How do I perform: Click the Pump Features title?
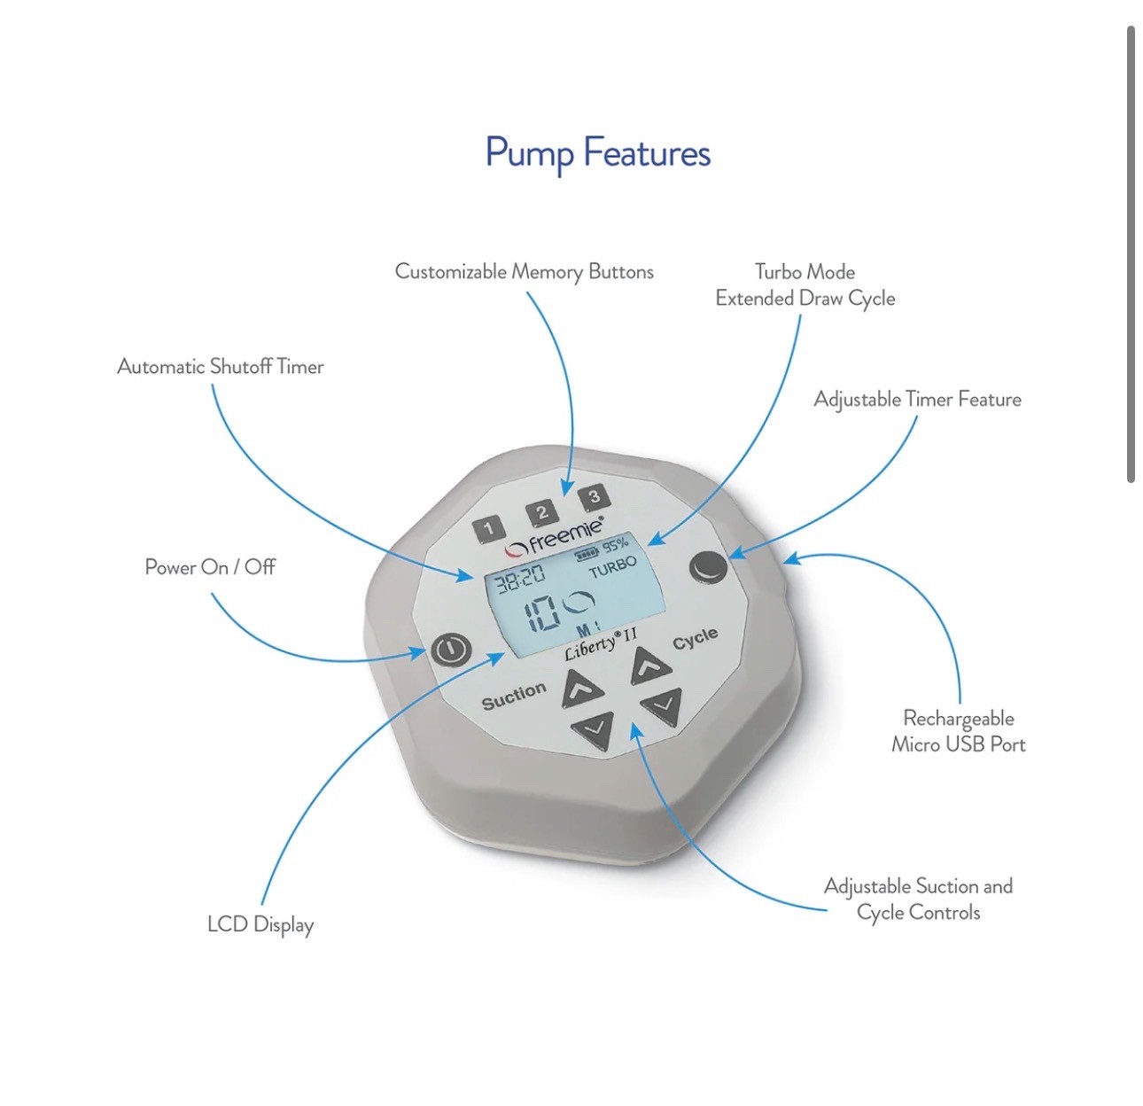click(x=598, y=153)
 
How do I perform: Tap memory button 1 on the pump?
click(x=487, y=530)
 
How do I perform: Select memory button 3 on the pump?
click(x=594, y=497)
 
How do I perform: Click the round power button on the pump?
click(x=451, y=650)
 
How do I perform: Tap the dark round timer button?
click(x=708, y=567)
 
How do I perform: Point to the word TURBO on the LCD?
click(x=613, y=567)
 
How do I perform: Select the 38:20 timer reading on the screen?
click(x=520, y=580)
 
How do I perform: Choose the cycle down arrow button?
click(x=662, y=707)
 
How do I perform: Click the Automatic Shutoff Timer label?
click(x=221, y=367)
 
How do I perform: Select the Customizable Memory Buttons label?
click(x=524, y=272)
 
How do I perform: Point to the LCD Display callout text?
click(x=260, y=924)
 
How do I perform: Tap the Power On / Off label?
click(x=210, y=567)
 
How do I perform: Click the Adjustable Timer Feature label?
click(x=917, y=400)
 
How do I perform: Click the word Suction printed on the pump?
click(x=514, y=697)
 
